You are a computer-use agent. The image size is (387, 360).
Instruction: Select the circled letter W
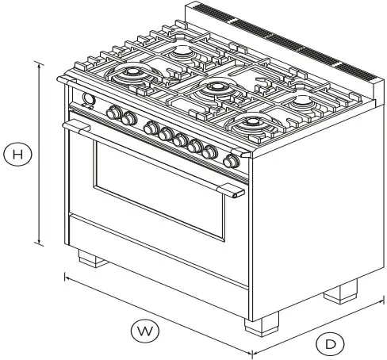click(141, 329)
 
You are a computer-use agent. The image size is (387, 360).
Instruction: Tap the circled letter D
click(330, 343)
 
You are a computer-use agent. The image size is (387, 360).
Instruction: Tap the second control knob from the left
click(128, 119)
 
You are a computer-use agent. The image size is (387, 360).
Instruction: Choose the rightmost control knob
click(231, 161)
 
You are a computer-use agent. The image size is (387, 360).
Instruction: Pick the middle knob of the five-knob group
click(181, 141)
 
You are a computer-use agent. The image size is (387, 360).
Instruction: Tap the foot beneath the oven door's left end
click(90, 258)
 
